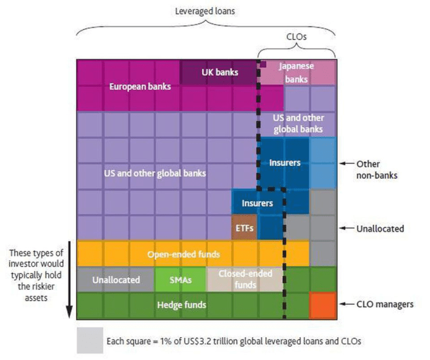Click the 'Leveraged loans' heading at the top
coord(205,12)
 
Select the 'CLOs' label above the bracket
coord(297,37)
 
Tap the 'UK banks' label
coord(220,72)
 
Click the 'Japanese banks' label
coord(296,72)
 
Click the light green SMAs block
coord(180,279)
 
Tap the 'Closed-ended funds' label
coord(244,279)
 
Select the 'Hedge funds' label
coord(181,305)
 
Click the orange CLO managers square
coord(322,305)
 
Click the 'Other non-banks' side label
coord(376,169)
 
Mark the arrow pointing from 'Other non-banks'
coord(345,164)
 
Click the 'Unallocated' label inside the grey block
coord(116,279)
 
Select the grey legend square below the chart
coord(89,340)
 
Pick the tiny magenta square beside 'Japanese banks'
coord(263,63)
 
